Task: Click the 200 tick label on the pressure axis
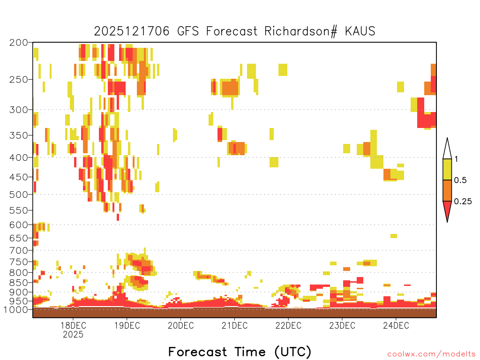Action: click(18, 43)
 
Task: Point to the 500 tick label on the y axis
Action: click(18, 195)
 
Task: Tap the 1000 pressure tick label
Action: click(16, 310)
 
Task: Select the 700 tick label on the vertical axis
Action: click(18, 251)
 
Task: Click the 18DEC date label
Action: click(73, 325)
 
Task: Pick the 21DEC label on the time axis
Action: click(234, 325)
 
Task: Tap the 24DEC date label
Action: click(396, 325)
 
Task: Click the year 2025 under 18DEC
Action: click(73, 334)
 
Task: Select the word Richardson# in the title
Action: click(301, 31)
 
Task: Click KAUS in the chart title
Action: click(360, 31)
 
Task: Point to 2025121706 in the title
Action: click(132, 31)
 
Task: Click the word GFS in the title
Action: click(188, 31)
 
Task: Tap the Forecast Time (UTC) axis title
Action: click(240, 352)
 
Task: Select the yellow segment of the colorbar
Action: click(447, 169)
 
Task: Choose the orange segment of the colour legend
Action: click(447, 190)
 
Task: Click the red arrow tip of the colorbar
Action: click(447, 222)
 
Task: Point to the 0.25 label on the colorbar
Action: click(463, 202)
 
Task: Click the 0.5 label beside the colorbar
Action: click(460, 180)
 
